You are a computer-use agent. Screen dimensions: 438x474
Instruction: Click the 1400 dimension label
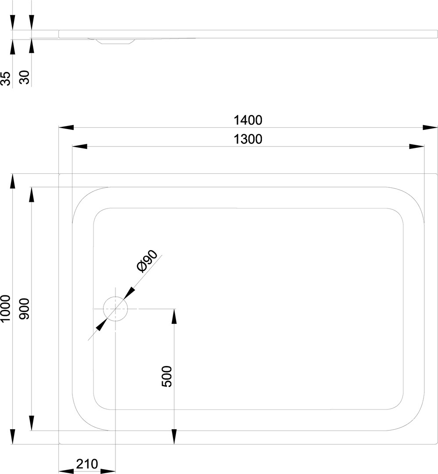coord(248,120)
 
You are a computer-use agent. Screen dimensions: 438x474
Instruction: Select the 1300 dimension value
coord(248,140)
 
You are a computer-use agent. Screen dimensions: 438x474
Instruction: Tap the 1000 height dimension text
coord(6,309)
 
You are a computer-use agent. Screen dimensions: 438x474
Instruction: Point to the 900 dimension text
coord(25,309)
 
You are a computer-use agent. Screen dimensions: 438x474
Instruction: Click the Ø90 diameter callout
coord(147,262)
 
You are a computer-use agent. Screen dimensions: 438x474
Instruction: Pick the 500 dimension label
coord(167,377)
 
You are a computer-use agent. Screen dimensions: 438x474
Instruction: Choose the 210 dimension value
coord(87,464)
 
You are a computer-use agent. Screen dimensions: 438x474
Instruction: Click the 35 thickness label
coord(6,79)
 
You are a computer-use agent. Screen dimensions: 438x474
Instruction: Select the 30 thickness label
coord(25,77)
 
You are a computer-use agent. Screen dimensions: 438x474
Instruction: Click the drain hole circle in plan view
coord(115,309)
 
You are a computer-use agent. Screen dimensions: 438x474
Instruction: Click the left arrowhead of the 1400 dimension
coord(66,127)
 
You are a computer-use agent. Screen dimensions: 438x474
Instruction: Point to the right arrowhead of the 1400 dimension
coord(430,127)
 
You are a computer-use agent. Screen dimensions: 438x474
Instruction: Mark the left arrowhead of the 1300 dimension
coord(79,147)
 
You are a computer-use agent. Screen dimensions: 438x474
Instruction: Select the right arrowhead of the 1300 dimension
coord(416,147)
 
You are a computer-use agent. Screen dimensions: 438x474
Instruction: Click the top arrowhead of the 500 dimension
coord(174,316)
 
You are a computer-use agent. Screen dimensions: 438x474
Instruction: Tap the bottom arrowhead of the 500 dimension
coord(174,437)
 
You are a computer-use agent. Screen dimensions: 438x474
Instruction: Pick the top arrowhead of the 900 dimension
coord(31,195)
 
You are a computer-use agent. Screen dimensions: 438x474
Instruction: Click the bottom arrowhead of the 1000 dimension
coord(12,437)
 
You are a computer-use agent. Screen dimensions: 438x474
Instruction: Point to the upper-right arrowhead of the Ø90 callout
coord(129,293)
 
